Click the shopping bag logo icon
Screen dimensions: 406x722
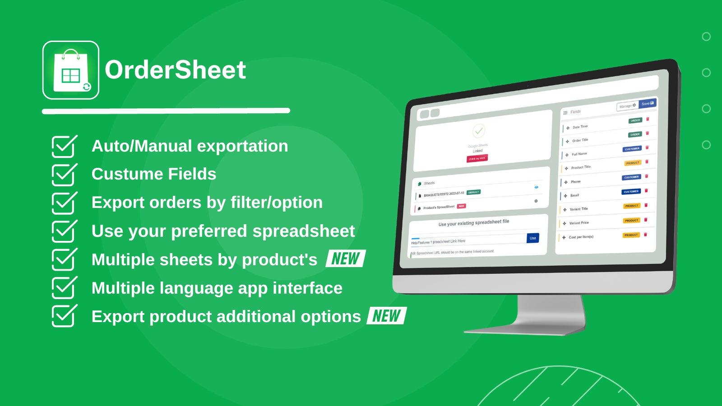coord(71,70)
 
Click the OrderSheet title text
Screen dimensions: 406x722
coord(175,70)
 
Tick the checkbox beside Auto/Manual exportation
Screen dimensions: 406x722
coord(64,146)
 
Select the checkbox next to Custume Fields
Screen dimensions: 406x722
coord(64,175)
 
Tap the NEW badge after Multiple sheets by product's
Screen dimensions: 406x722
coord(345,259)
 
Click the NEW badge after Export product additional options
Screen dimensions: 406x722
coord(386,316)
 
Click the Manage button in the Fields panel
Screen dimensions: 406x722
coord(627,106)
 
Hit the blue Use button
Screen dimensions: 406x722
coord(532,238)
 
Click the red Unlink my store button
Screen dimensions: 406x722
coord(477,158)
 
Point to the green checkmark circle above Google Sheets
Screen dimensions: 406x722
coord(478,131)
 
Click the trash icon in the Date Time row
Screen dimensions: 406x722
coord(648,119)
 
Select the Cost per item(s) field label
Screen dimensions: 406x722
coord(581,237)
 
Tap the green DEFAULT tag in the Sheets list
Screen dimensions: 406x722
coord(473,192)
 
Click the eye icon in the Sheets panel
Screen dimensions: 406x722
coord(536,187)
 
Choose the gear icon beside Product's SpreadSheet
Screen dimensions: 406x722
coord(536,201)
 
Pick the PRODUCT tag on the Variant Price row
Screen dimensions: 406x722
coord(631,221)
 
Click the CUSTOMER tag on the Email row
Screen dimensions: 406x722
coord(631,192)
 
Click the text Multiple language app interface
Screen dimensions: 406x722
coord(217,288)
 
